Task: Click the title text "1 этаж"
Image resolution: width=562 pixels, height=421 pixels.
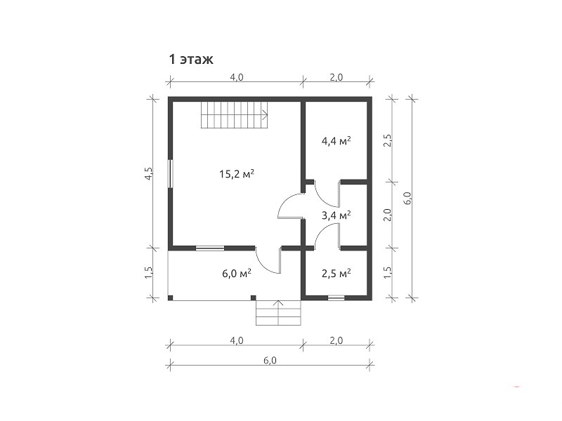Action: point(191,59)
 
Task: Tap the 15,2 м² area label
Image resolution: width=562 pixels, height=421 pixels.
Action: point(237,174)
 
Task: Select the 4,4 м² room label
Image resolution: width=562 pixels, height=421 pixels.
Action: point(336,141)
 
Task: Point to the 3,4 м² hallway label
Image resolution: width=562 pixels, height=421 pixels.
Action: point(336,215)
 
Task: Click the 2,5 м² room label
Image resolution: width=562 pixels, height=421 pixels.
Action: point(336,274)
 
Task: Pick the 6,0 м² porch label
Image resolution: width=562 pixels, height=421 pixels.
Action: point(237,274)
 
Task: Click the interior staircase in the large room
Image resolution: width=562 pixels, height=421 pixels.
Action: point(235,115)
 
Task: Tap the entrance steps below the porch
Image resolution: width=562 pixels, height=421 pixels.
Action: point(278,312)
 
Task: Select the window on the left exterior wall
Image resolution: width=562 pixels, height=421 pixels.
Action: point(171,173)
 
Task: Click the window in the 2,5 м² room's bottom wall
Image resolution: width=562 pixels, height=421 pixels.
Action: point(336,298)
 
